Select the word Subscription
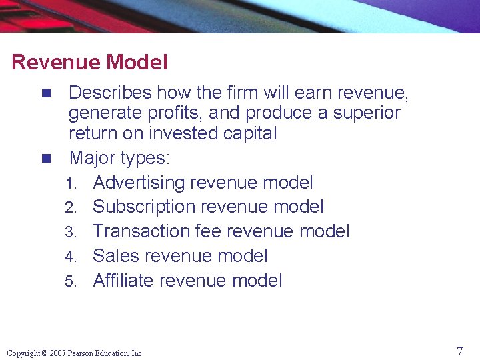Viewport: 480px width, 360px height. pos(143,207)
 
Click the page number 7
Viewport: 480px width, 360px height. pos(460,351)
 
